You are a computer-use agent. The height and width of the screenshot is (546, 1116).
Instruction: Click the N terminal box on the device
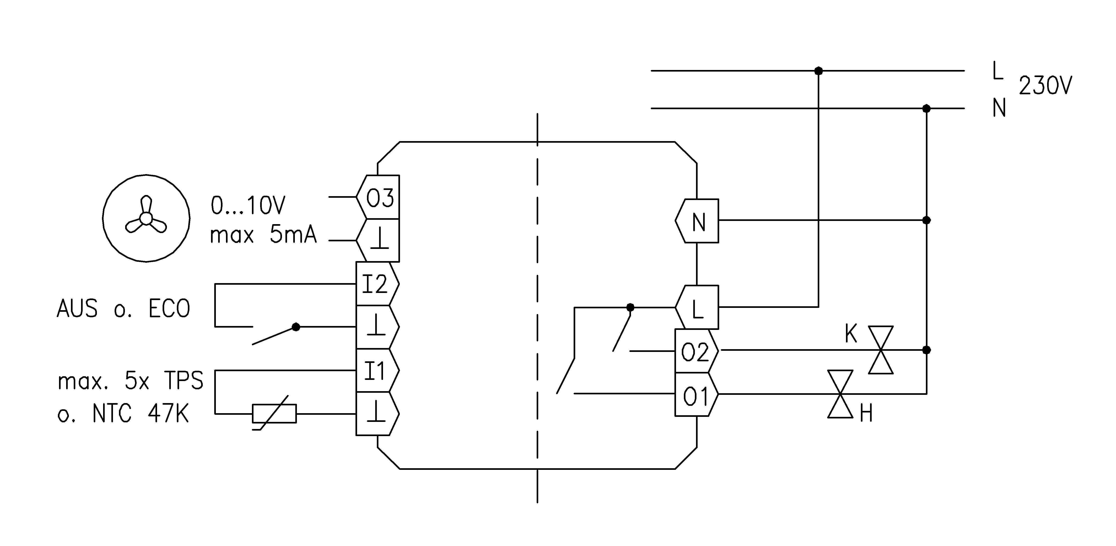click(x=698, y=221)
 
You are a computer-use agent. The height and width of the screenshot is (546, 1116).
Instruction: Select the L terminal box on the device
click(x=698, y=307)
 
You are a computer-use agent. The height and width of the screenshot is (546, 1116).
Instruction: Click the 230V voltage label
click(x=1045, y=86)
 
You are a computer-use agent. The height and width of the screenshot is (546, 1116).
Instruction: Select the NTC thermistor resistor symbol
click(x=274, y=413)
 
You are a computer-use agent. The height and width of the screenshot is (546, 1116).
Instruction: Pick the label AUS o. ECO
click(x=124, y=309)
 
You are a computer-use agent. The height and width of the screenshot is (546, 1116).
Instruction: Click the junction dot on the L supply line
click(x=818, y=71)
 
